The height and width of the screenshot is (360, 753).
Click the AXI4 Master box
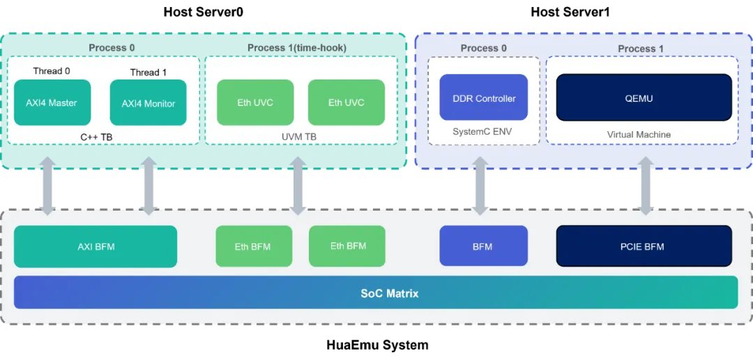52,103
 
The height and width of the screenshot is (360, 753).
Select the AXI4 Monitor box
149,103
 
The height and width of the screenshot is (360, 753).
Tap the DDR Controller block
484,97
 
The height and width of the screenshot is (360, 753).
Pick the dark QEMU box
644,97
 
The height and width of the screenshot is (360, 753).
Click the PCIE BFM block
644,246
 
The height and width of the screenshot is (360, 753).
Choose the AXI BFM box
96,246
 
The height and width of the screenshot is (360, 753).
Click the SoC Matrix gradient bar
376,292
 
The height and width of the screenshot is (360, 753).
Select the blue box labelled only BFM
484,246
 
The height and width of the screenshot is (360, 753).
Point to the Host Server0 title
203,12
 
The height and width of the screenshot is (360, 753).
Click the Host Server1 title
570,12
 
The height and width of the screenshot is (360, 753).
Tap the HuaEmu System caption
377,345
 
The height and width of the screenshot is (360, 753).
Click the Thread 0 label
52,71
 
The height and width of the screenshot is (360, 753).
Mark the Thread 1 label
149,73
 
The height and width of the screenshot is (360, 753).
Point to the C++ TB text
96,137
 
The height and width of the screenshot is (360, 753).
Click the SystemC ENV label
483,131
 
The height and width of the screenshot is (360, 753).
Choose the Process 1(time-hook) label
297,47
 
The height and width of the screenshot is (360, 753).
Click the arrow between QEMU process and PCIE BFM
646,186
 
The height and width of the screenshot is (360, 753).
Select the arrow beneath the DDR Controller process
480,186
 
